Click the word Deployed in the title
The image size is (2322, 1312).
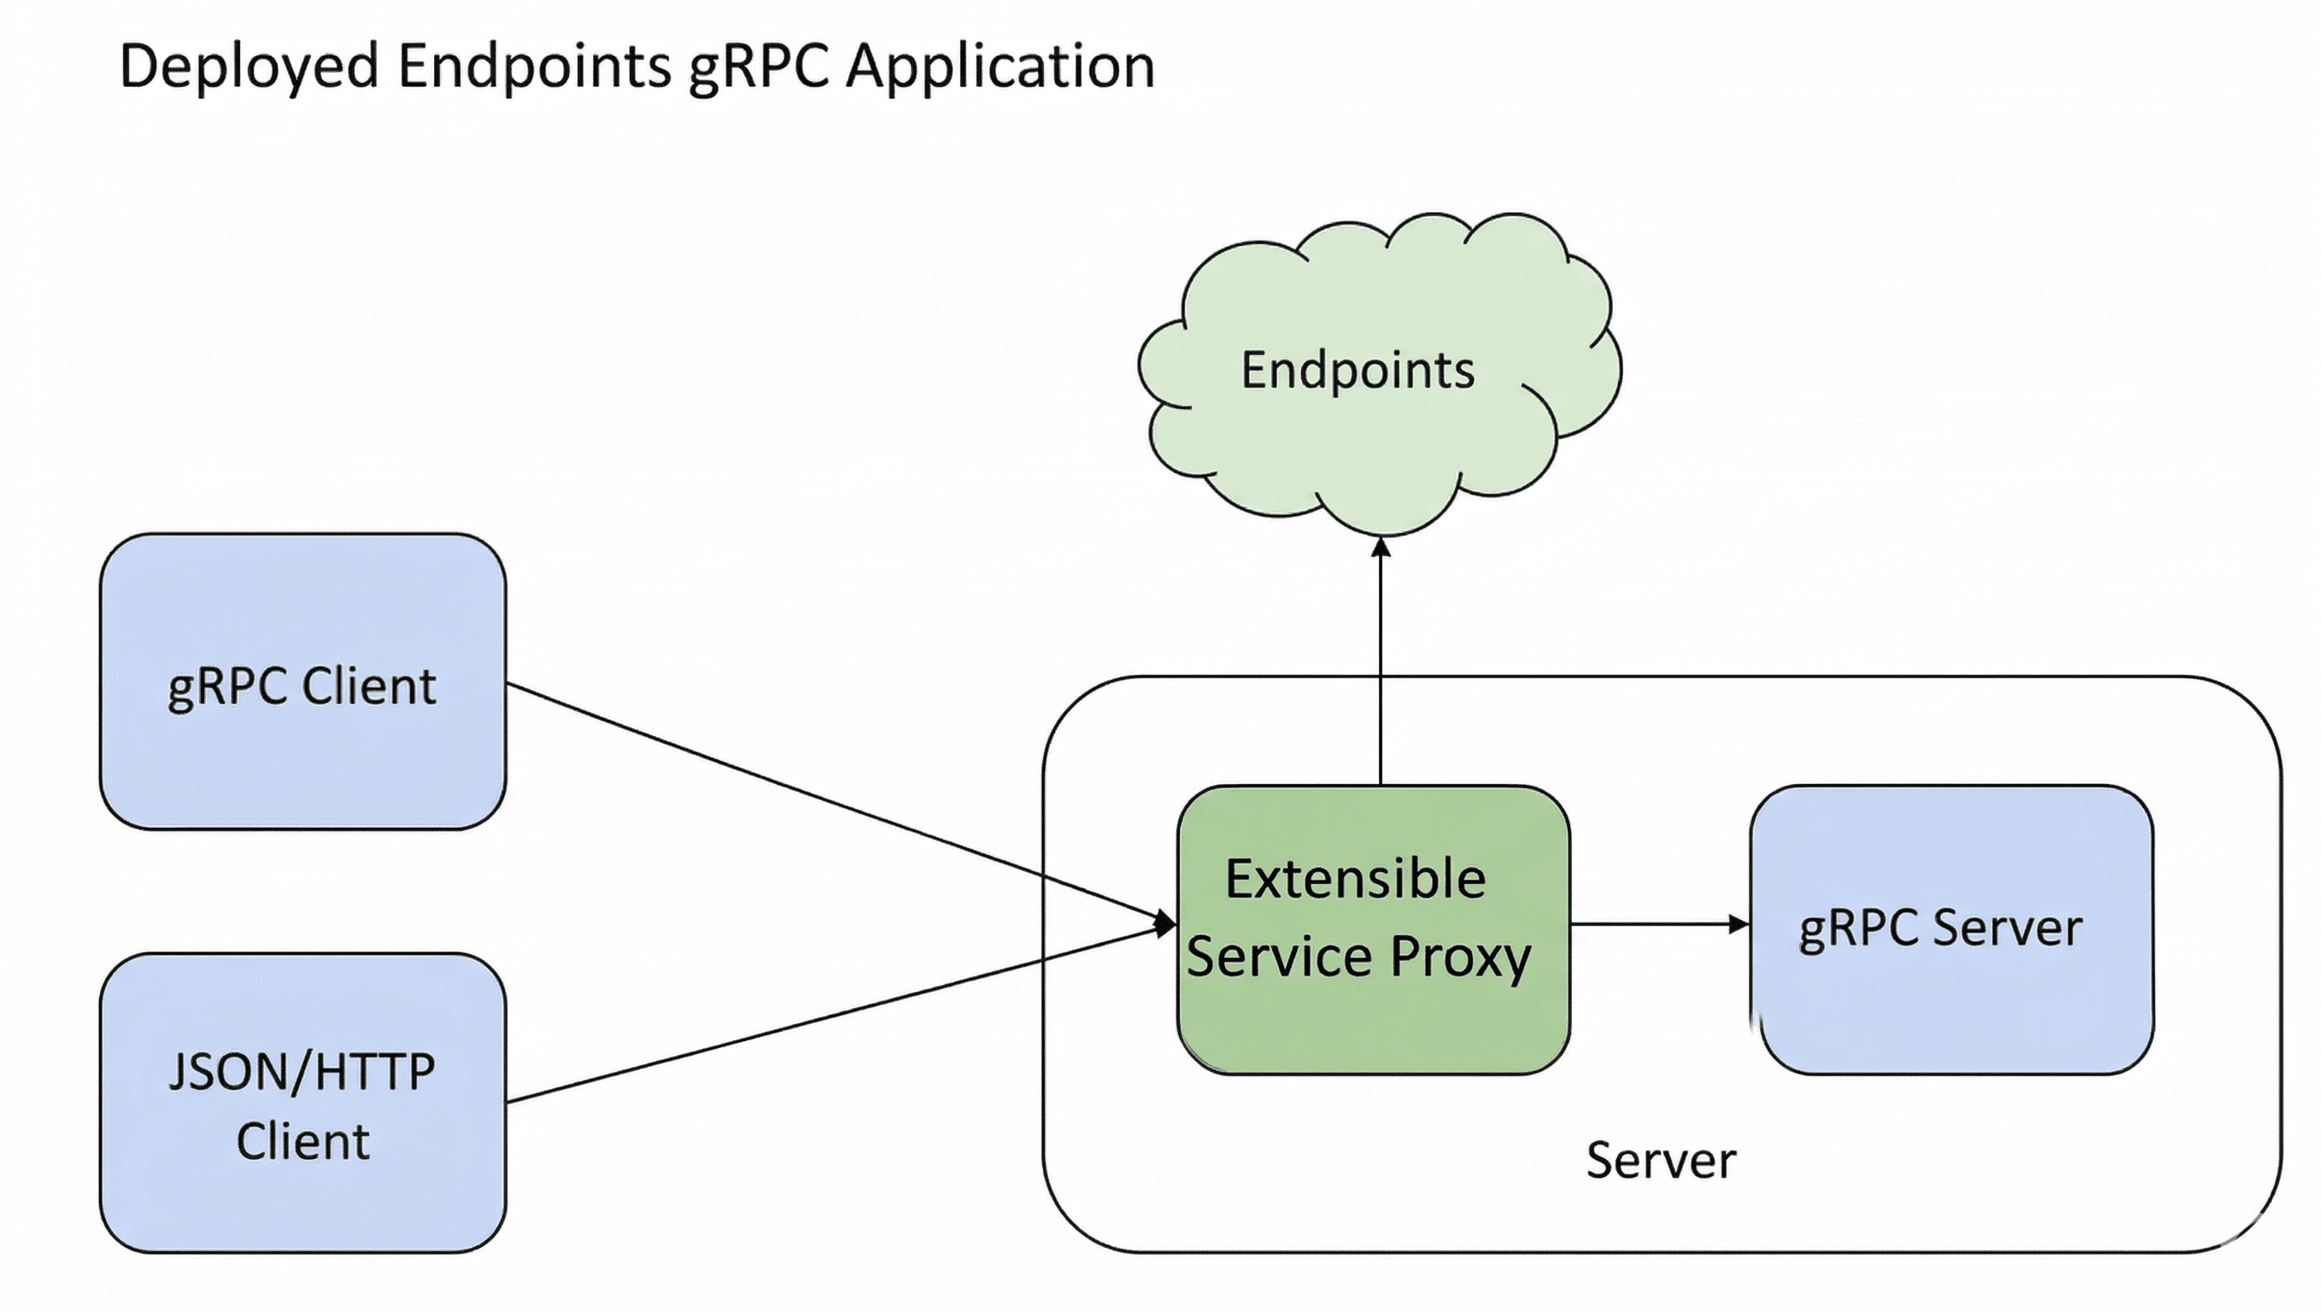(x=248, y=67)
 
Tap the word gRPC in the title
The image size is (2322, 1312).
(x=757, y=67)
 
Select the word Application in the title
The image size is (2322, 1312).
(x=1000, y=67)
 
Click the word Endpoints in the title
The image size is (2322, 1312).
(x=535, y=67)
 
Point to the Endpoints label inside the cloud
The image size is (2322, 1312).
(x=1357, y=371)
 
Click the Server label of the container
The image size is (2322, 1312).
(x=1661, y=1160)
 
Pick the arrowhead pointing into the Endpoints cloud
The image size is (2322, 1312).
(x=1381, y=546)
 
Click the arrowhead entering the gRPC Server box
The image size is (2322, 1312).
(x=1739, y=923)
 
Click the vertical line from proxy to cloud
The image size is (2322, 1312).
(x=1381, y=667)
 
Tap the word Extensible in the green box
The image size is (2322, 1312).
(x=1355, y=879)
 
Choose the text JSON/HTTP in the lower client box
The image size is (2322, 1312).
(x=302, y=1072)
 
